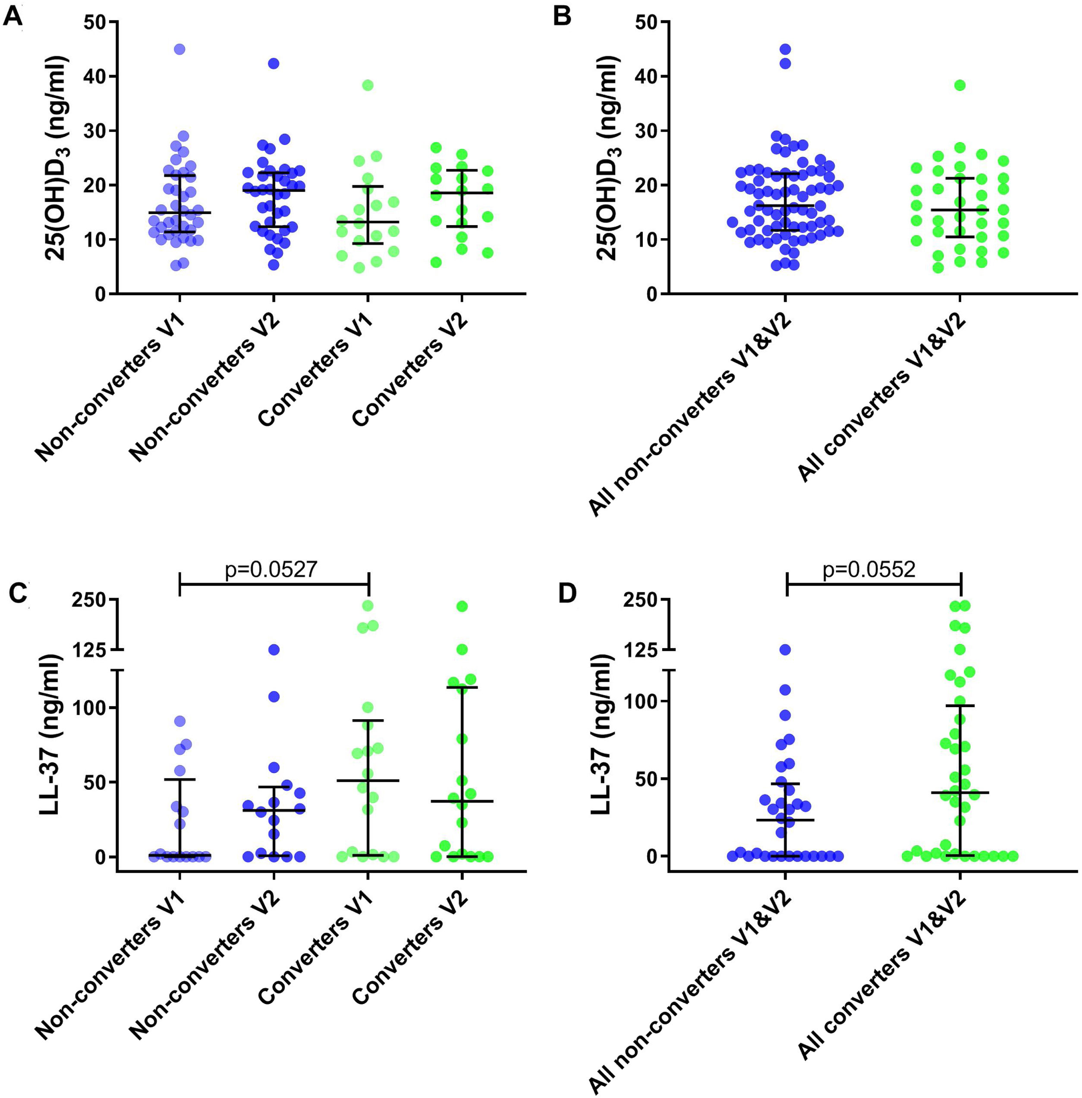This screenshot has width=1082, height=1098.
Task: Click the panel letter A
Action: [13, 16]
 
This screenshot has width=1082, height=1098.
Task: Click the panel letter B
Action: [562, 16]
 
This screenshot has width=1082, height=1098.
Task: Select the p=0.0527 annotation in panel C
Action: [270, 569]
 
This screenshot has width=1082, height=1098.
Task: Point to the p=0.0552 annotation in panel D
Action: [869, 569]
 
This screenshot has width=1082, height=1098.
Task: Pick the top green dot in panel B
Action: [960, 85]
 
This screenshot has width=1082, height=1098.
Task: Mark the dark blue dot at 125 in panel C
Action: [274, 650]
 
